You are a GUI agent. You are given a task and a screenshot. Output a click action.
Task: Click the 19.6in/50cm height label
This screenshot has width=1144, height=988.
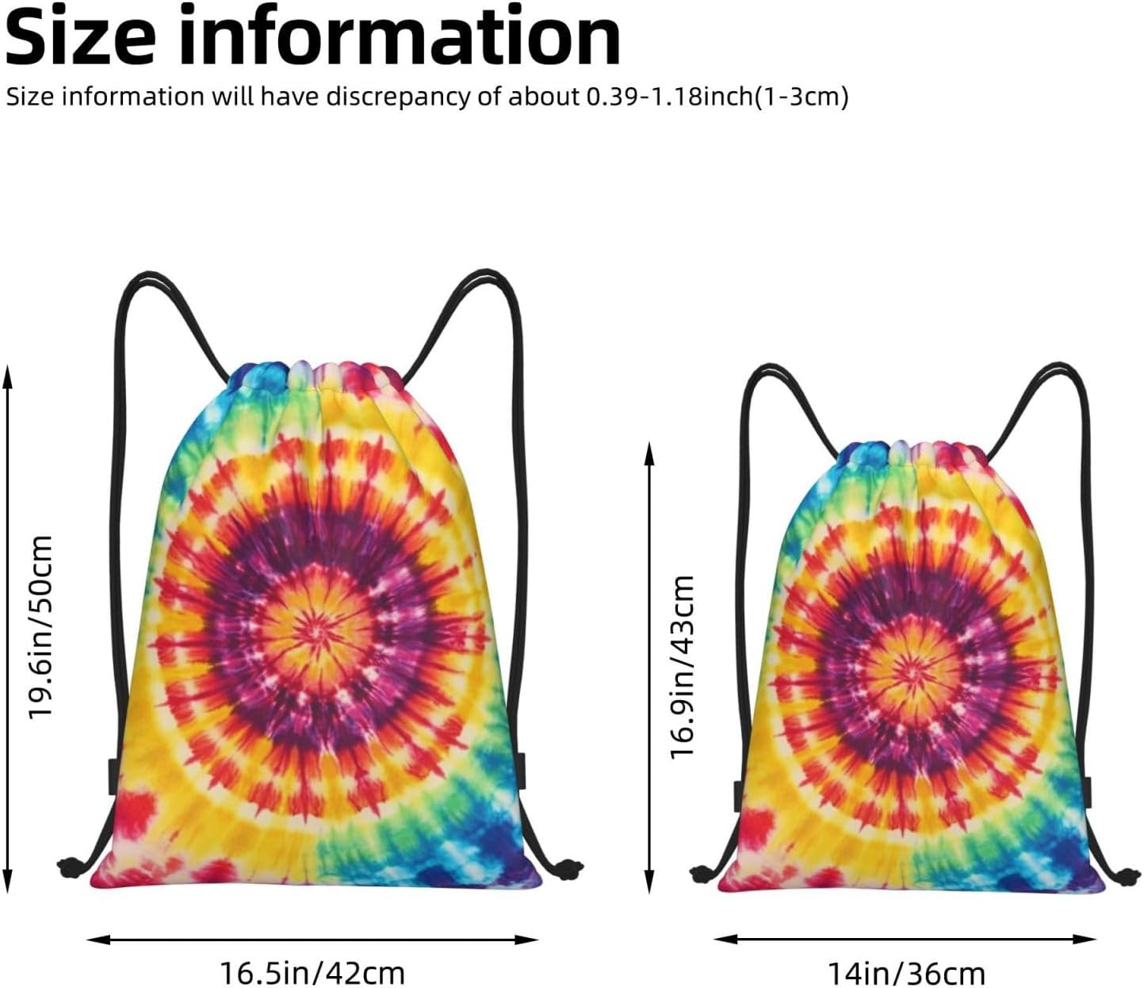[x=40, y=626]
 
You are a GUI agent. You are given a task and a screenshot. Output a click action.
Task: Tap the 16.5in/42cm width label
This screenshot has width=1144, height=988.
[x=312, y=972]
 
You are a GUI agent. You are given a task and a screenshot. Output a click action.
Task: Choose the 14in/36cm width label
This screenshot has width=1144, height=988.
[x=906, y=972]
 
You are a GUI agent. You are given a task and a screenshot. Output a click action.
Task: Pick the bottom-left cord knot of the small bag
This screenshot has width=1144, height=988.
[x=702, y=874]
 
